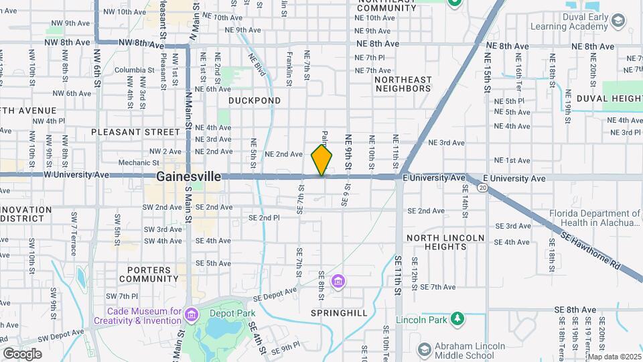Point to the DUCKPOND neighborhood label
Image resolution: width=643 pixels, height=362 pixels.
(x=254, y=101)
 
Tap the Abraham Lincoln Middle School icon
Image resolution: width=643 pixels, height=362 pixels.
(x=423, y=350)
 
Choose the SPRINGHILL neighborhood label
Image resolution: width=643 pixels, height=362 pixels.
(x=339, y=313)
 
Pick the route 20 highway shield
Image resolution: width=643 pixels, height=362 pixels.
(x=482, y=188)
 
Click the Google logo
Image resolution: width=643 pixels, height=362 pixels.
(x=22, y=353)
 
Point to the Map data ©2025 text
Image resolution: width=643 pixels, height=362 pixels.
(x=615, y=357)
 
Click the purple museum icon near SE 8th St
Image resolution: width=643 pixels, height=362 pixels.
(x=339, y=280)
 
